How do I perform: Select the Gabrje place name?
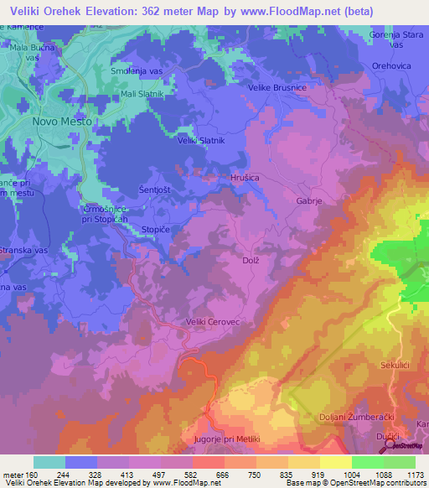(x=309, y=201)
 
